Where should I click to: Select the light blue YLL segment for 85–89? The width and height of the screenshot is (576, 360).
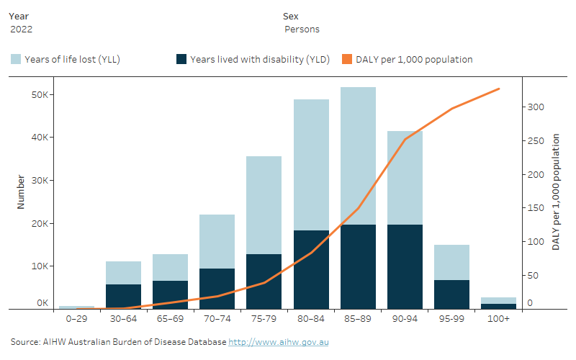tap(358, 156)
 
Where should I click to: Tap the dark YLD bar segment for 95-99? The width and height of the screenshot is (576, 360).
tap(451, 294)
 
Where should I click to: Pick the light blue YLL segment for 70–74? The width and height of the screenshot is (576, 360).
tap(217, 241)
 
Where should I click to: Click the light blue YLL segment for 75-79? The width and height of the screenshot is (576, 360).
tap(264, 205)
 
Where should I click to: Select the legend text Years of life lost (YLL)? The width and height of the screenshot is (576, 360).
tap(72, 60)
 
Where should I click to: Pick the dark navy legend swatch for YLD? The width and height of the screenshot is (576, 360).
tap(181, 60)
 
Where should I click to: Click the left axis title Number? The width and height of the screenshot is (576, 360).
tap(21, 192)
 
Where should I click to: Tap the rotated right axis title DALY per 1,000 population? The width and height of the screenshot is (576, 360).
tap(556, 196)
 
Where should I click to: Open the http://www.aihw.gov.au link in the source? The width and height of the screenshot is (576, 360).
tap(279, 342)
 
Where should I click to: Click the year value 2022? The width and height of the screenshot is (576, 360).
tap(22, 30)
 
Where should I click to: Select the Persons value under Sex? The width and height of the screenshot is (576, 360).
tap(302, 30)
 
